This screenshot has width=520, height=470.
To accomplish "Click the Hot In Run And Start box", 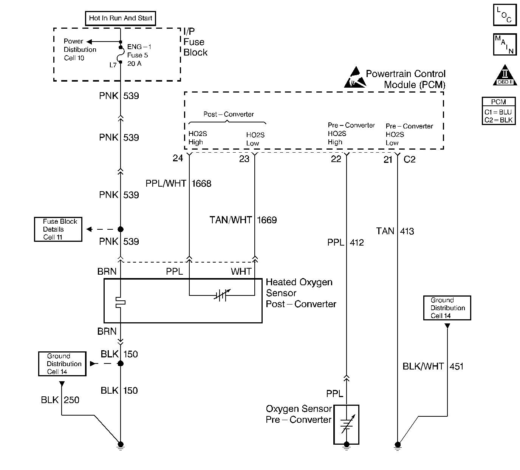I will [121, 18].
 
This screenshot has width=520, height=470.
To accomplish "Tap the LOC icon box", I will [505, 15].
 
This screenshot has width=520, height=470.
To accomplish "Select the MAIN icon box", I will [505, 44].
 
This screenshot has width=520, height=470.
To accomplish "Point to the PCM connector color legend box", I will [498, 111].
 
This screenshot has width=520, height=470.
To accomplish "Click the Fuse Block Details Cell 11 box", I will [58, 229].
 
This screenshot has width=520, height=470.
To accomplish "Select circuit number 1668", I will [201, 184].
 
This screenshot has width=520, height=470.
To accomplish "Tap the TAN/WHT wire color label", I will [231, 220].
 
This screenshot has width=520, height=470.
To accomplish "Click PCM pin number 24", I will [178, 158].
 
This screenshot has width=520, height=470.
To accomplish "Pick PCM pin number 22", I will [336, 159].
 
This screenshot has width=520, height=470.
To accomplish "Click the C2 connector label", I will [409, 159].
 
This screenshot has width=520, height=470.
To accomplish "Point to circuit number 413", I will [407, 231].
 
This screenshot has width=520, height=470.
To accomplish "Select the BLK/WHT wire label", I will [423, 366].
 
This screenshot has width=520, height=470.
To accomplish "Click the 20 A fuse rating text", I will [134, 63].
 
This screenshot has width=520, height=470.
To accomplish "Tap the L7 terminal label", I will [113, 65].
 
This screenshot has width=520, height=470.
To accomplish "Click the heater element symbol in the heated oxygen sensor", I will [120, 302].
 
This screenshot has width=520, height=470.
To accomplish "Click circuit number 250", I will [71, 400].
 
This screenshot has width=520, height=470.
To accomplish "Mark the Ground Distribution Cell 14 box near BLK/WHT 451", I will [447, 308].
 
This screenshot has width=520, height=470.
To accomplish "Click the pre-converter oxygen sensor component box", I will [346, 424].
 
